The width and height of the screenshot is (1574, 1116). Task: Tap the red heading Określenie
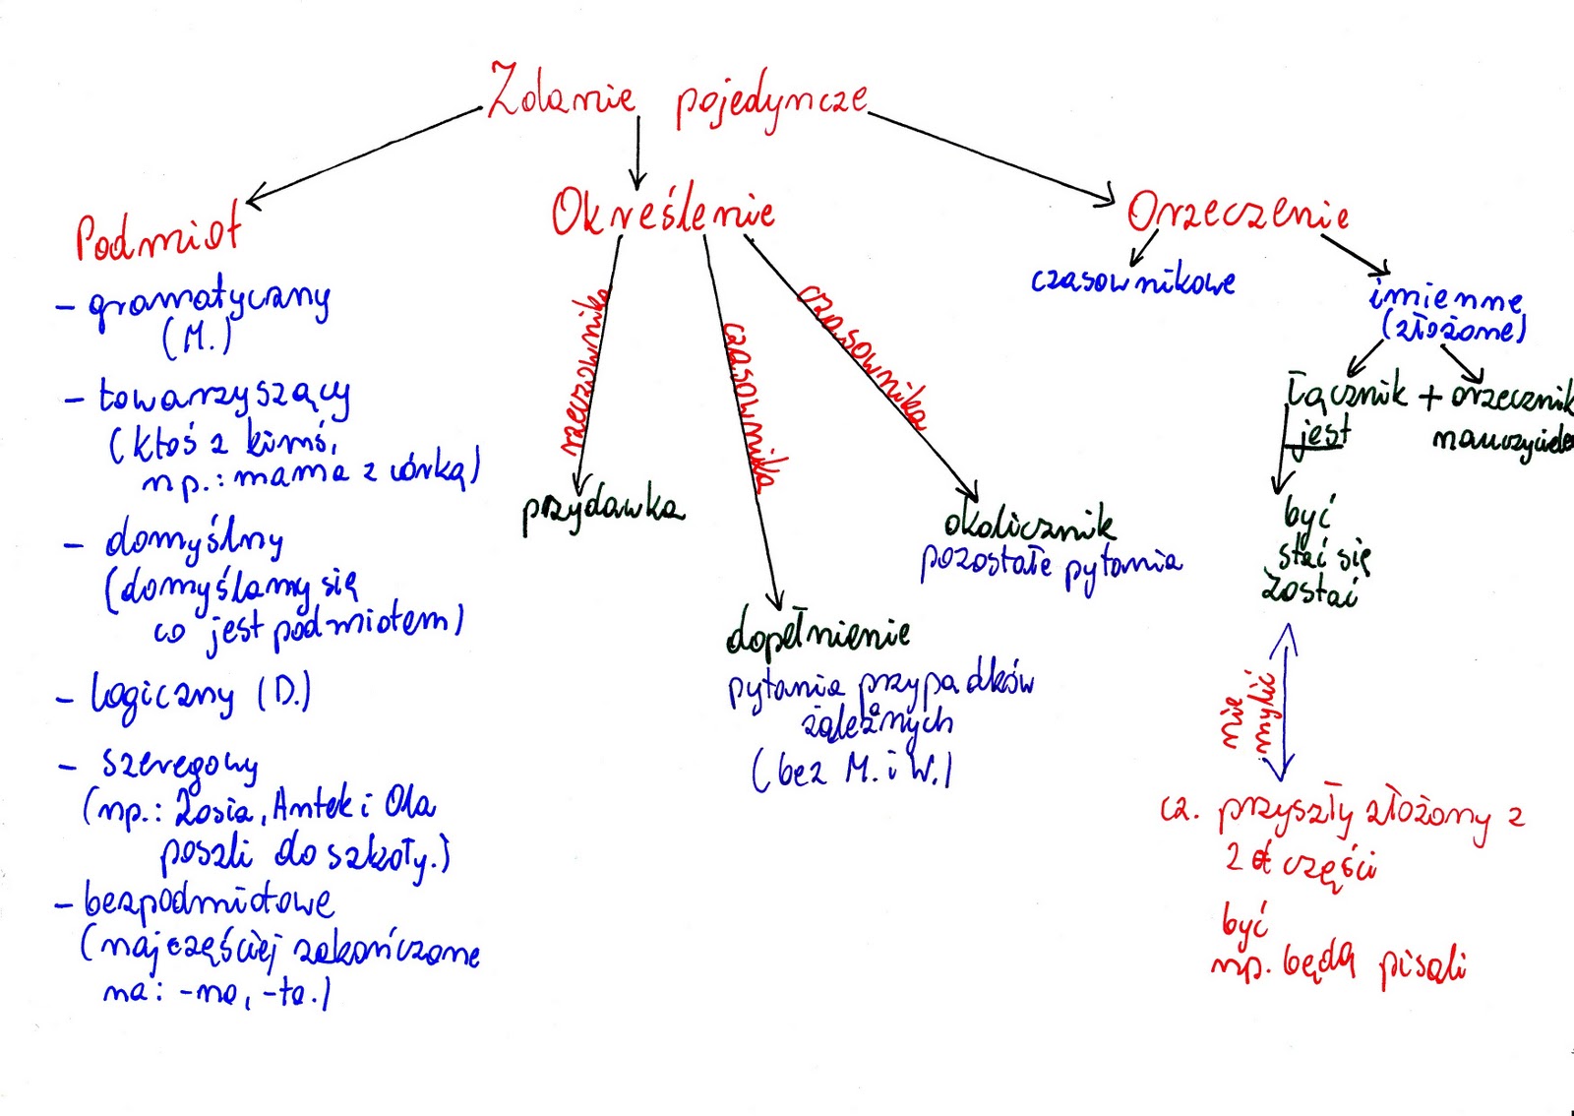[662, 214]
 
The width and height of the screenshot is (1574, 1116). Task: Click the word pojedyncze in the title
[770, 100]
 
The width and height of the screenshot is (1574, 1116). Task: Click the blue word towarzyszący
[223, 399]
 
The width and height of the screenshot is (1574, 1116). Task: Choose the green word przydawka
[601, 509]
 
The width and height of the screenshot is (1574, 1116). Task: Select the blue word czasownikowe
[1132, 281]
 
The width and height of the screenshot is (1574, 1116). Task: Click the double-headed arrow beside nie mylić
[1284, 703]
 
